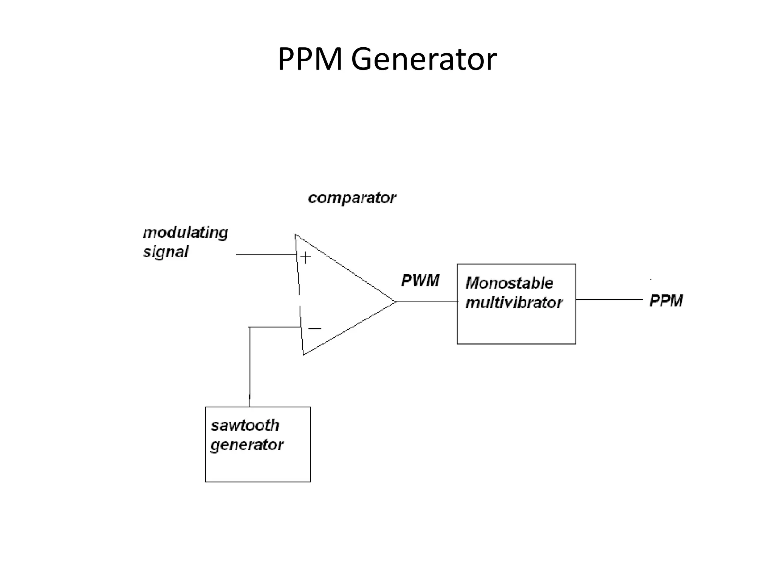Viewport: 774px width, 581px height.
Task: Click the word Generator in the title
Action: tap(424, 59)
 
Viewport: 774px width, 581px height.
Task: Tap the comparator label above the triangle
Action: tap(352, 198)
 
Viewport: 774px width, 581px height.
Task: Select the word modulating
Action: tap(185, 233)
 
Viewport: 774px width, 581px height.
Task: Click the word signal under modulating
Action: tap(166, 252)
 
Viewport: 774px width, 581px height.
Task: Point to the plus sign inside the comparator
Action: tap(305, 258)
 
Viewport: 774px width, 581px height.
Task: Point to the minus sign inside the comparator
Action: tap(314, 329)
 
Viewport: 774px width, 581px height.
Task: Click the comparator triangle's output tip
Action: tap(395, 301)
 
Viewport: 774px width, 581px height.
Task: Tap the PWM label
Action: tap(420, 281)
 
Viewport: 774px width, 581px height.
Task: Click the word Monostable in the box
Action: tap(509, 283)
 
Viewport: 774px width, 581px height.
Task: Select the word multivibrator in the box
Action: tap(514, 303)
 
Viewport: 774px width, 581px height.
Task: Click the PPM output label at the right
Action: tap(666, 301)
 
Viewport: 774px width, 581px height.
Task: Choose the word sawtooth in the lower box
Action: tap(245, 426)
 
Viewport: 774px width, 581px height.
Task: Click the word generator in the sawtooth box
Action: tap(246, 445)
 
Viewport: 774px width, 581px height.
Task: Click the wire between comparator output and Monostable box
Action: tap(427, 301)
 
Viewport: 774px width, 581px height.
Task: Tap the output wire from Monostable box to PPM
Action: tap(609, 300)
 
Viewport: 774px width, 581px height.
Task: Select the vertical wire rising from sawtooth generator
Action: tap(249, 367)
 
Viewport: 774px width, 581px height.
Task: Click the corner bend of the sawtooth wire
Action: tap(250, 327)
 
